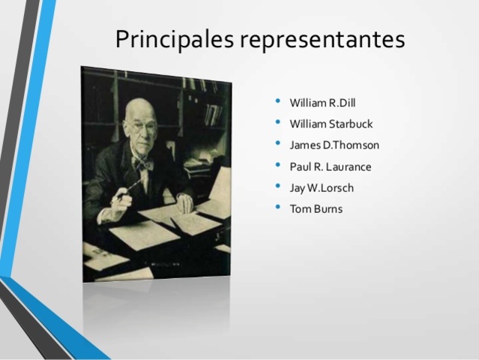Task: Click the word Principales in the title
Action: pos(172,39)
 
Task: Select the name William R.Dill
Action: pos(324,102)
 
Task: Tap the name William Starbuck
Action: pos(331,124)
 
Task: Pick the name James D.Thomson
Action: pos(334,145)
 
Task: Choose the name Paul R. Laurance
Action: pos(331,166)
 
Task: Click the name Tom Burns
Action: pos(316,208)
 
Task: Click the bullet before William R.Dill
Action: pos(279,101)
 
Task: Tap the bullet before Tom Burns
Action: pos(279,208)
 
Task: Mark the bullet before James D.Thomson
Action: pos(279,144)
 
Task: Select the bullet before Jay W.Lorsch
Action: pos(279,187)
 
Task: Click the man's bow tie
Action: pos(141,162)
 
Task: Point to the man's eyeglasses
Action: pos(143,127)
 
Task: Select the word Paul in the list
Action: pos(299,166)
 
